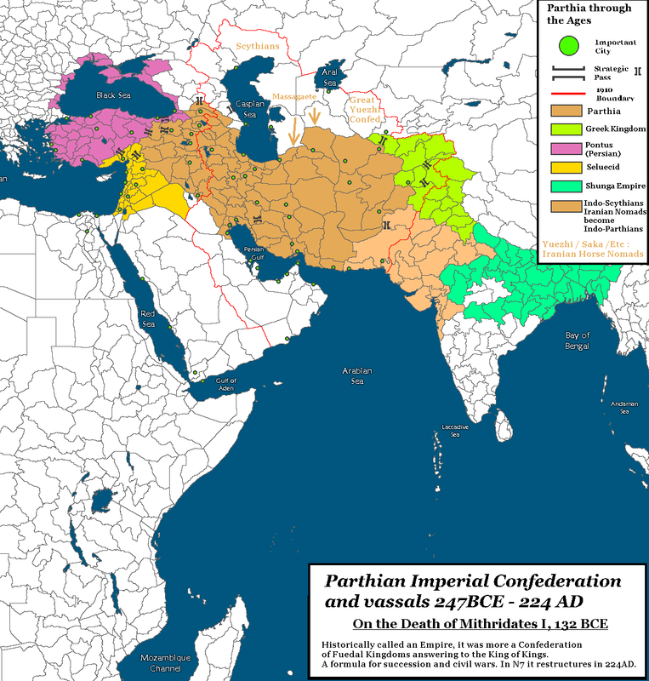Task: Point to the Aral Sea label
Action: pos(330,77)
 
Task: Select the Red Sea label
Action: pos(148,318)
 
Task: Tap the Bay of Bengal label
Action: pos(578,341)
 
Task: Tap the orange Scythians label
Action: pos(258,46)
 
